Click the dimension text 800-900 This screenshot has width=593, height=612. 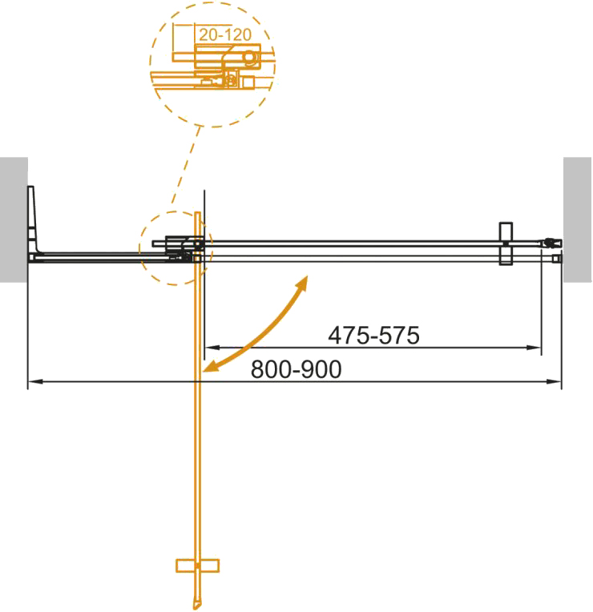[x=296, y=369]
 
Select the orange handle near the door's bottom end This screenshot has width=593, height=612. [x=197, y=566]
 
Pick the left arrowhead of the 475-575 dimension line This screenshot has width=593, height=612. [x=210, y=348]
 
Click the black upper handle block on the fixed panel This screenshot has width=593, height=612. [x=505, y=230]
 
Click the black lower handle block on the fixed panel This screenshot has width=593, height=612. [x=505, y=256]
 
